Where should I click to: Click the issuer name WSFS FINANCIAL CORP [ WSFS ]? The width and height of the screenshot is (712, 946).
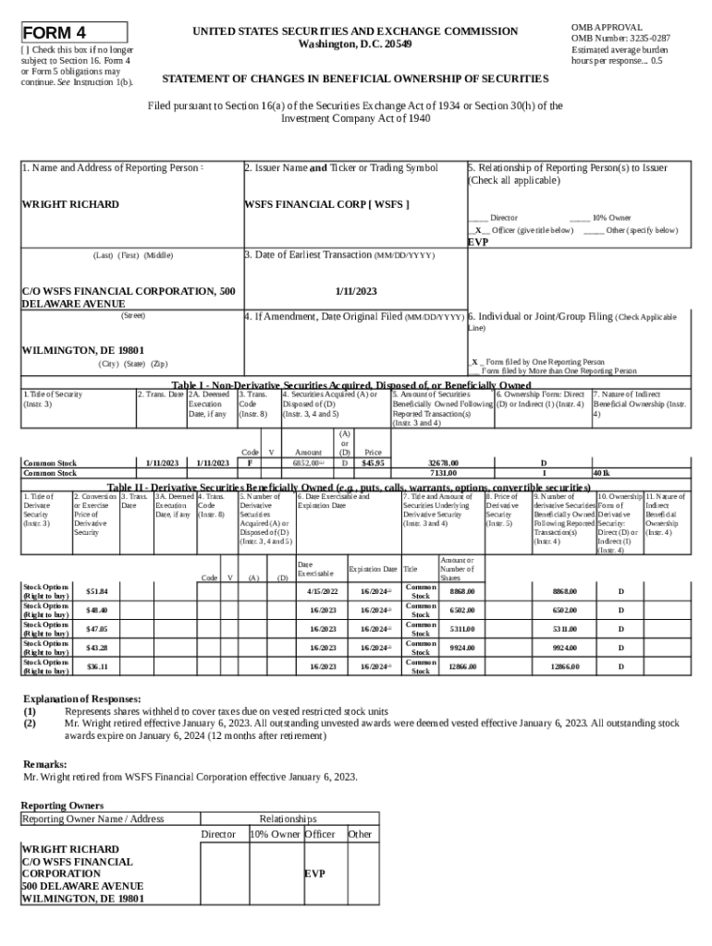326,204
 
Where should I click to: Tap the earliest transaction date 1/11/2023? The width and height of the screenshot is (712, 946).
355,290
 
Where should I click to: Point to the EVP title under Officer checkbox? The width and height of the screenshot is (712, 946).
478,241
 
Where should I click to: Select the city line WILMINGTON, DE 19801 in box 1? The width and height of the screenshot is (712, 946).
83,350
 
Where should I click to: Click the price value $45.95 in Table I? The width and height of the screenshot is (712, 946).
374,463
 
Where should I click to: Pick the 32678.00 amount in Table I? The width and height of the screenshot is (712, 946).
442,463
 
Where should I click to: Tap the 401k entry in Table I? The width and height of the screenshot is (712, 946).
601,473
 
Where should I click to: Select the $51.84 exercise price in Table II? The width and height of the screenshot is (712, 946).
96,591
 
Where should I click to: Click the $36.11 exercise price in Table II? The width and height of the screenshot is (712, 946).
96,666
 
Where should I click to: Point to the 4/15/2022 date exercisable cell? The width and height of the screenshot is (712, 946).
323,591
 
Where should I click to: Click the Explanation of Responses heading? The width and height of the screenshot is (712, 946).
81,698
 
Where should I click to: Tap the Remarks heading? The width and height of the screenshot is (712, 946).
44,764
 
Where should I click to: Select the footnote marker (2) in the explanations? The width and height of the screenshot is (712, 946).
30,723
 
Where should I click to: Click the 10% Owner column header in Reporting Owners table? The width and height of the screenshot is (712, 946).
275,834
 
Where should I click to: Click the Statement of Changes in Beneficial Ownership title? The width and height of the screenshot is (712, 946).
355,79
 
